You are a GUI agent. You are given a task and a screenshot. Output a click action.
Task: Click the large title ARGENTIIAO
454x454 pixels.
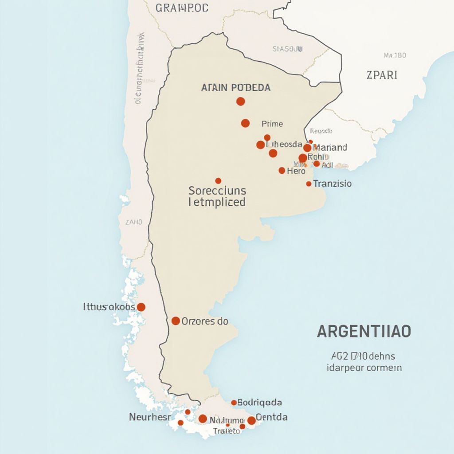tap(364, 332)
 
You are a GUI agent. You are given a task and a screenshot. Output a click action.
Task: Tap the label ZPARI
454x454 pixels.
tap(382, 75)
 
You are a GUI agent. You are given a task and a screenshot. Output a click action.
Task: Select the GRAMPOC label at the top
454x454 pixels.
tap(182, 8)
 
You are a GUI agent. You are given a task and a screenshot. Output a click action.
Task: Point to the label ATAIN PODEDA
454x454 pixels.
tap(235, 88)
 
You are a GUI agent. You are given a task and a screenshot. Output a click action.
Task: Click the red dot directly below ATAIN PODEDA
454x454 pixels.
tap(240, 102)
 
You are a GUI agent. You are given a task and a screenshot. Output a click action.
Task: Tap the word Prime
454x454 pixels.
tap(272, 124)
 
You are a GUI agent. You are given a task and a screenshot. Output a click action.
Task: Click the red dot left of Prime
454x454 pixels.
tap(245, 123)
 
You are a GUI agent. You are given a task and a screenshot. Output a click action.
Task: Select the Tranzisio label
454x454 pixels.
tap(332, 183)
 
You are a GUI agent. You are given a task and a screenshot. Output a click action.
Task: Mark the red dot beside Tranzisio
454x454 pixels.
tap(309, 184)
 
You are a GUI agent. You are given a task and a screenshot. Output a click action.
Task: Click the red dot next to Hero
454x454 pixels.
tap(282, 170)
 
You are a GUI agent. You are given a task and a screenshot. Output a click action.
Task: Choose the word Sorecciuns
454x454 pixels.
tap(217, 191)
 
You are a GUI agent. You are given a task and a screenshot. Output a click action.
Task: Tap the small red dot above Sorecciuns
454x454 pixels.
tap(218, 180)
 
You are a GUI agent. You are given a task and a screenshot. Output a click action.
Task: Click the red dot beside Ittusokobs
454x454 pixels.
tap(141, 307)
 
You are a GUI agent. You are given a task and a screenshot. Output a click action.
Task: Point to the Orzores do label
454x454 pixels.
tap(205, 321)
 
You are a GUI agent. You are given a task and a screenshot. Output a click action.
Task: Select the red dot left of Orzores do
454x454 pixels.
tap(176, 321)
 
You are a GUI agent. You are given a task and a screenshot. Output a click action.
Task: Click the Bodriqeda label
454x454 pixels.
tap(259, 403)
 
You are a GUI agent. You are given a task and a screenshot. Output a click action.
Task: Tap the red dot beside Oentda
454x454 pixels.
tap(251, 420)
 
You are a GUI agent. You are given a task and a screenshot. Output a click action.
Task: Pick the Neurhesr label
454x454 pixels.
tap(149, 417)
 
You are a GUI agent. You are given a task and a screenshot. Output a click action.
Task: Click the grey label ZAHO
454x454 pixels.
tap(134, 222)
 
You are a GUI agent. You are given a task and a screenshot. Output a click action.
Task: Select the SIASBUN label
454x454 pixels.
tap(287, 49)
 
